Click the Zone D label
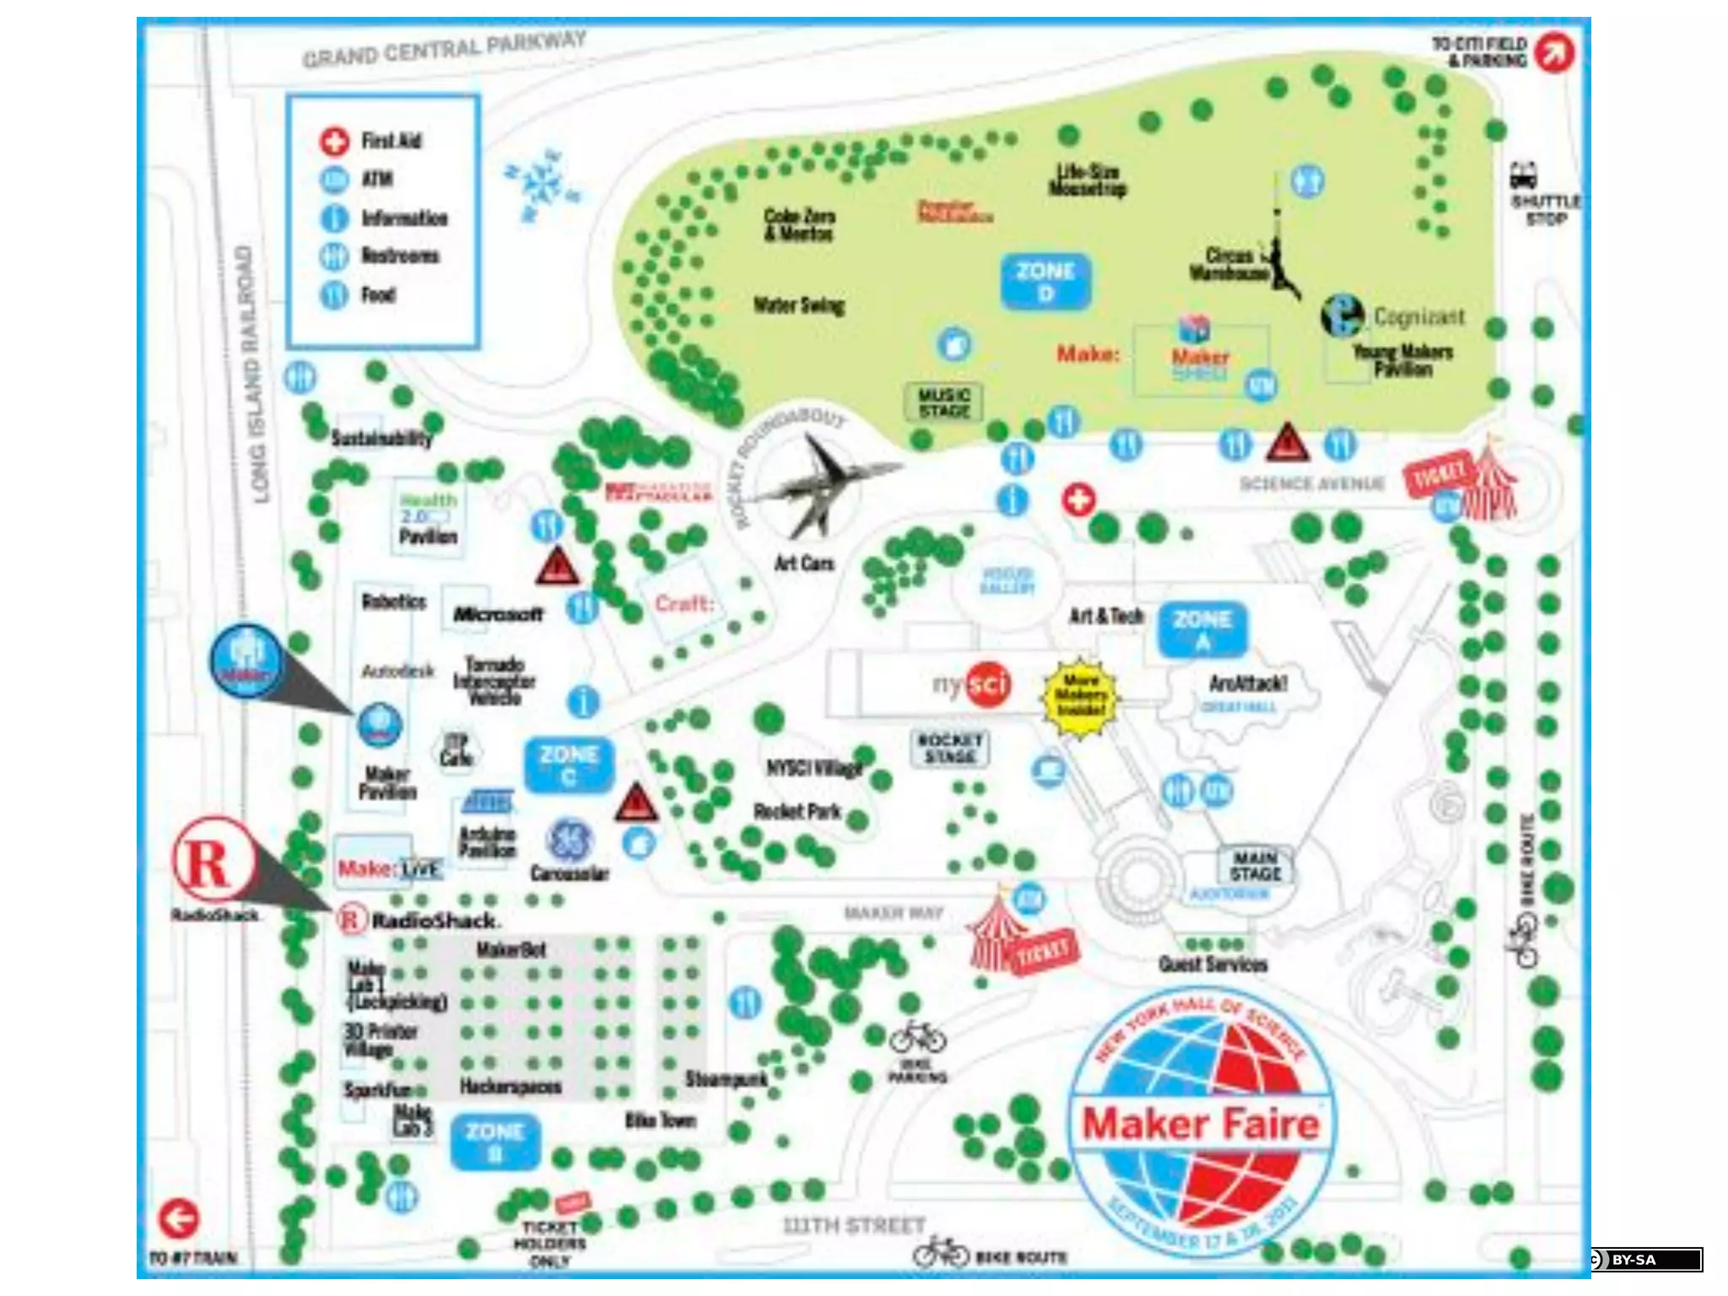[1045, 282]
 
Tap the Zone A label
[1202, 629]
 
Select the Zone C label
[569, 764]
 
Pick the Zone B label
[495, 1142]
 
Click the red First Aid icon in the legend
[334, 141]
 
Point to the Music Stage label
[944, 402]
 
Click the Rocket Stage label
[950, 748]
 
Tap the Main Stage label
[1255, 867]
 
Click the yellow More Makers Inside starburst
[1081, 694]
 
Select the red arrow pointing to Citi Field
[1554, 52]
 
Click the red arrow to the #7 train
[179, 1218]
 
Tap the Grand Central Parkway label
[444, 49]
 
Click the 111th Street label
[854, 1225]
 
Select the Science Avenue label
[1311, 483]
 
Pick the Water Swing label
[799, 305]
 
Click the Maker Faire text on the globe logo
[1200, 1124]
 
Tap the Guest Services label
[1212, 964]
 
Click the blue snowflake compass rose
[542, 184]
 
